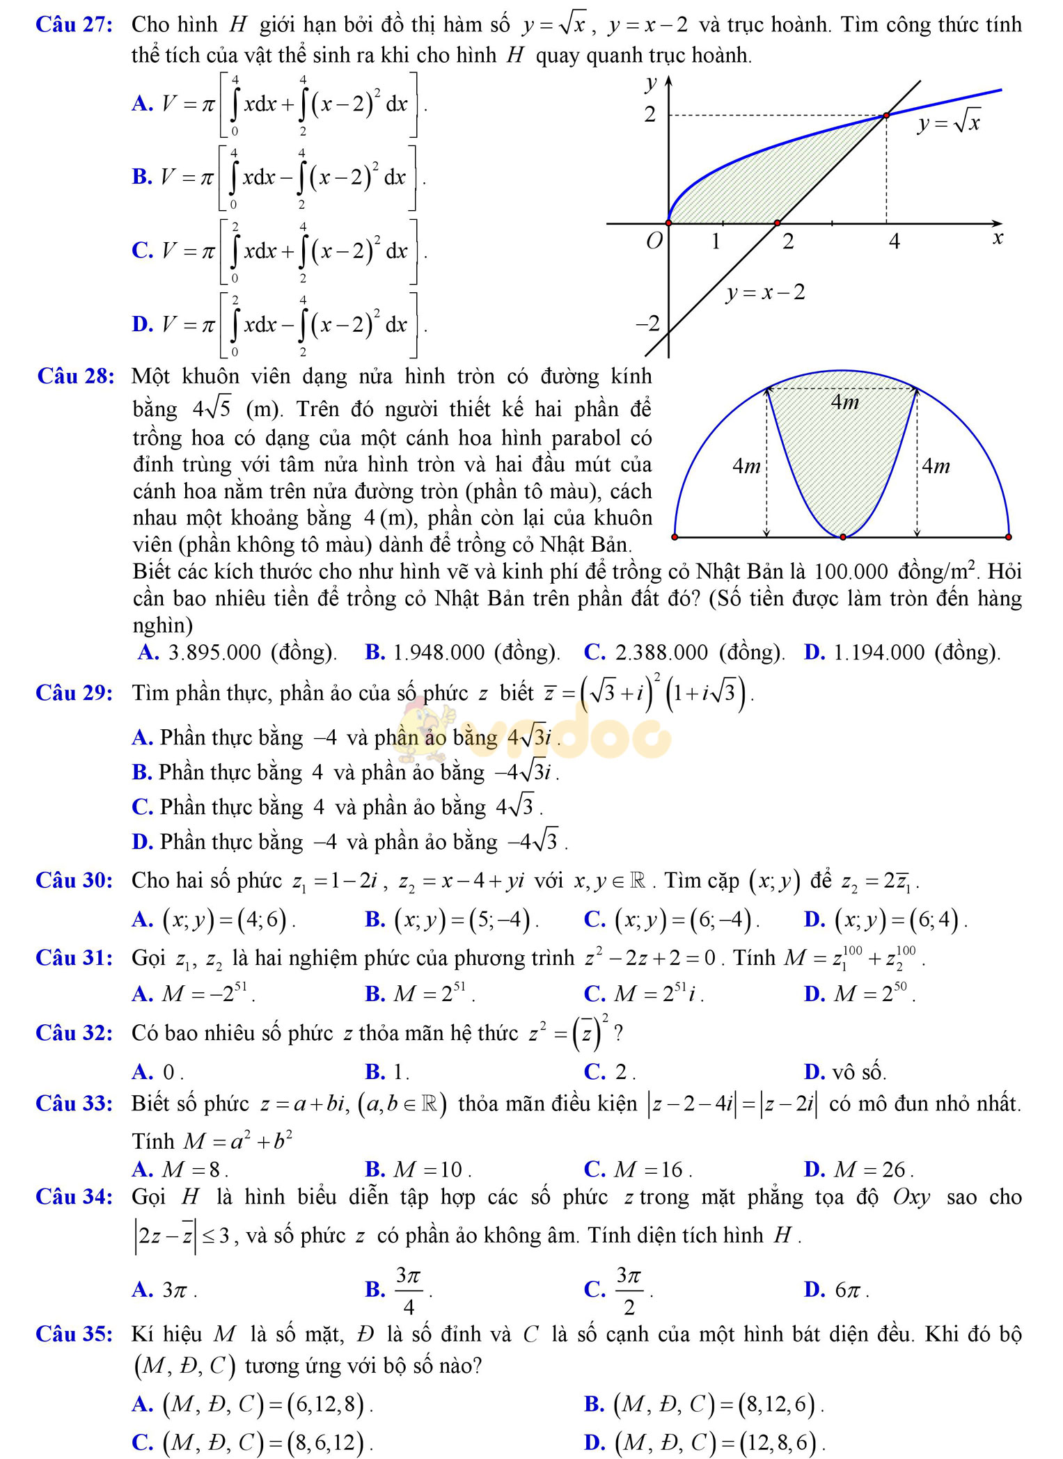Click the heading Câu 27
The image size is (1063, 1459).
[x=74, y=25]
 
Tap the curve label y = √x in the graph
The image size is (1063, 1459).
[x=948, y=124]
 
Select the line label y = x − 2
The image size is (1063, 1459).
[x=765, y=293]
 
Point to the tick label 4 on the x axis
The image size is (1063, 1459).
[x=894, y=241]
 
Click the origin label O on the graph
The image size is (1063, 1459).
[x=654, y=241]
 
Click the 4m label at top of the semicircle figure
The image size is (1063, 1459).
[x=844, y=402]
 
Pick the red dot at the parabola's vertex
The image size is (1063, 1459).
[x=843, y=537]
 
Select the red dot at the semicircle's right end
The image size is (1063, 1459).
[x=1009, y=537]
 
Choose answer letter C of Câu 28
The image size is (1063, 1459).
[x=595, y=652]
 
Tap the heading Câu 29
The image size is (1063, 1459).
[x=74, y=693]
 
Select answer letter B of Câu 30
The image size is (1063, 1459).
[x=375, y=920]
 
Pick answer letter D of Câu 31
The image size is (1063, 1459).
[x=814, y=994]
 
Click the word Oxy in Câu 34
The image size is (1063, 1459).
[x=911, y=1197]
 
